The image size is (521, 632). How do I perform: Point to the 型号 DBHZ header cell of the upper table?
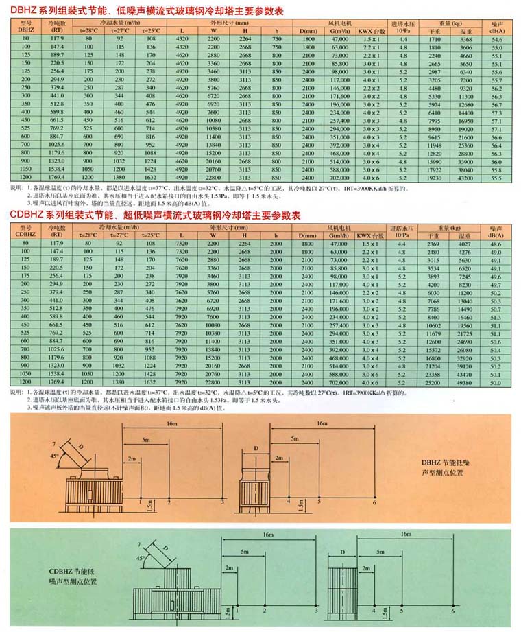26,27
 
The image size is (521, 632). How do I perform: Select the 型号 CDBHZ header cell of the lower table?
26,229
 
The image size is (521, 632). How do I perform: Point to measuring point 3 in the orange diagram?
222,504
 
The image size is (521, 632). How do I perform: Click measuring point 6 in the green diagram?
453,610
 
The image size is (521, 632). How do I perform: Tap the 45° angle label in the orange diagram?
53,456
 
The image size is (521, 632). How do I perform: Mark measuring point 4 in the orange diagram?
289,502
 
